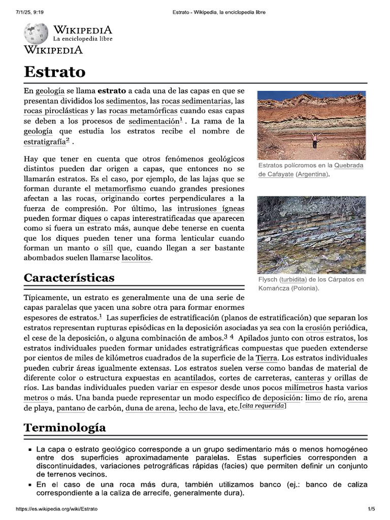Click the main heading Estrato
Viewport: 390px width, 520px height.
click(x=55, y=71)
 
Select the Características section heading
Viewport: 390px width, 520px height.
click(x=69, y=278)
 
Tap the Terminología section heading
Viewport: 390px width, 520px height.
click(x=65, y=427)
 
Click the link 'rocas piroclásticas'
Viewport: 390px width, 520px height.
click(x=56, y=111)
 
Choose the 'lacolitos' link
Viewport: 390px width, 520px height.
click(x=136, y=258)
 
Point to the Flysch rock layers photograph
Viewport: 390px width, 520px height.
click(x=311, y=235)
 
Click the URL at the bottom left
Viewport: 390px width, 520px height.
click(x=56, y=508)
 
